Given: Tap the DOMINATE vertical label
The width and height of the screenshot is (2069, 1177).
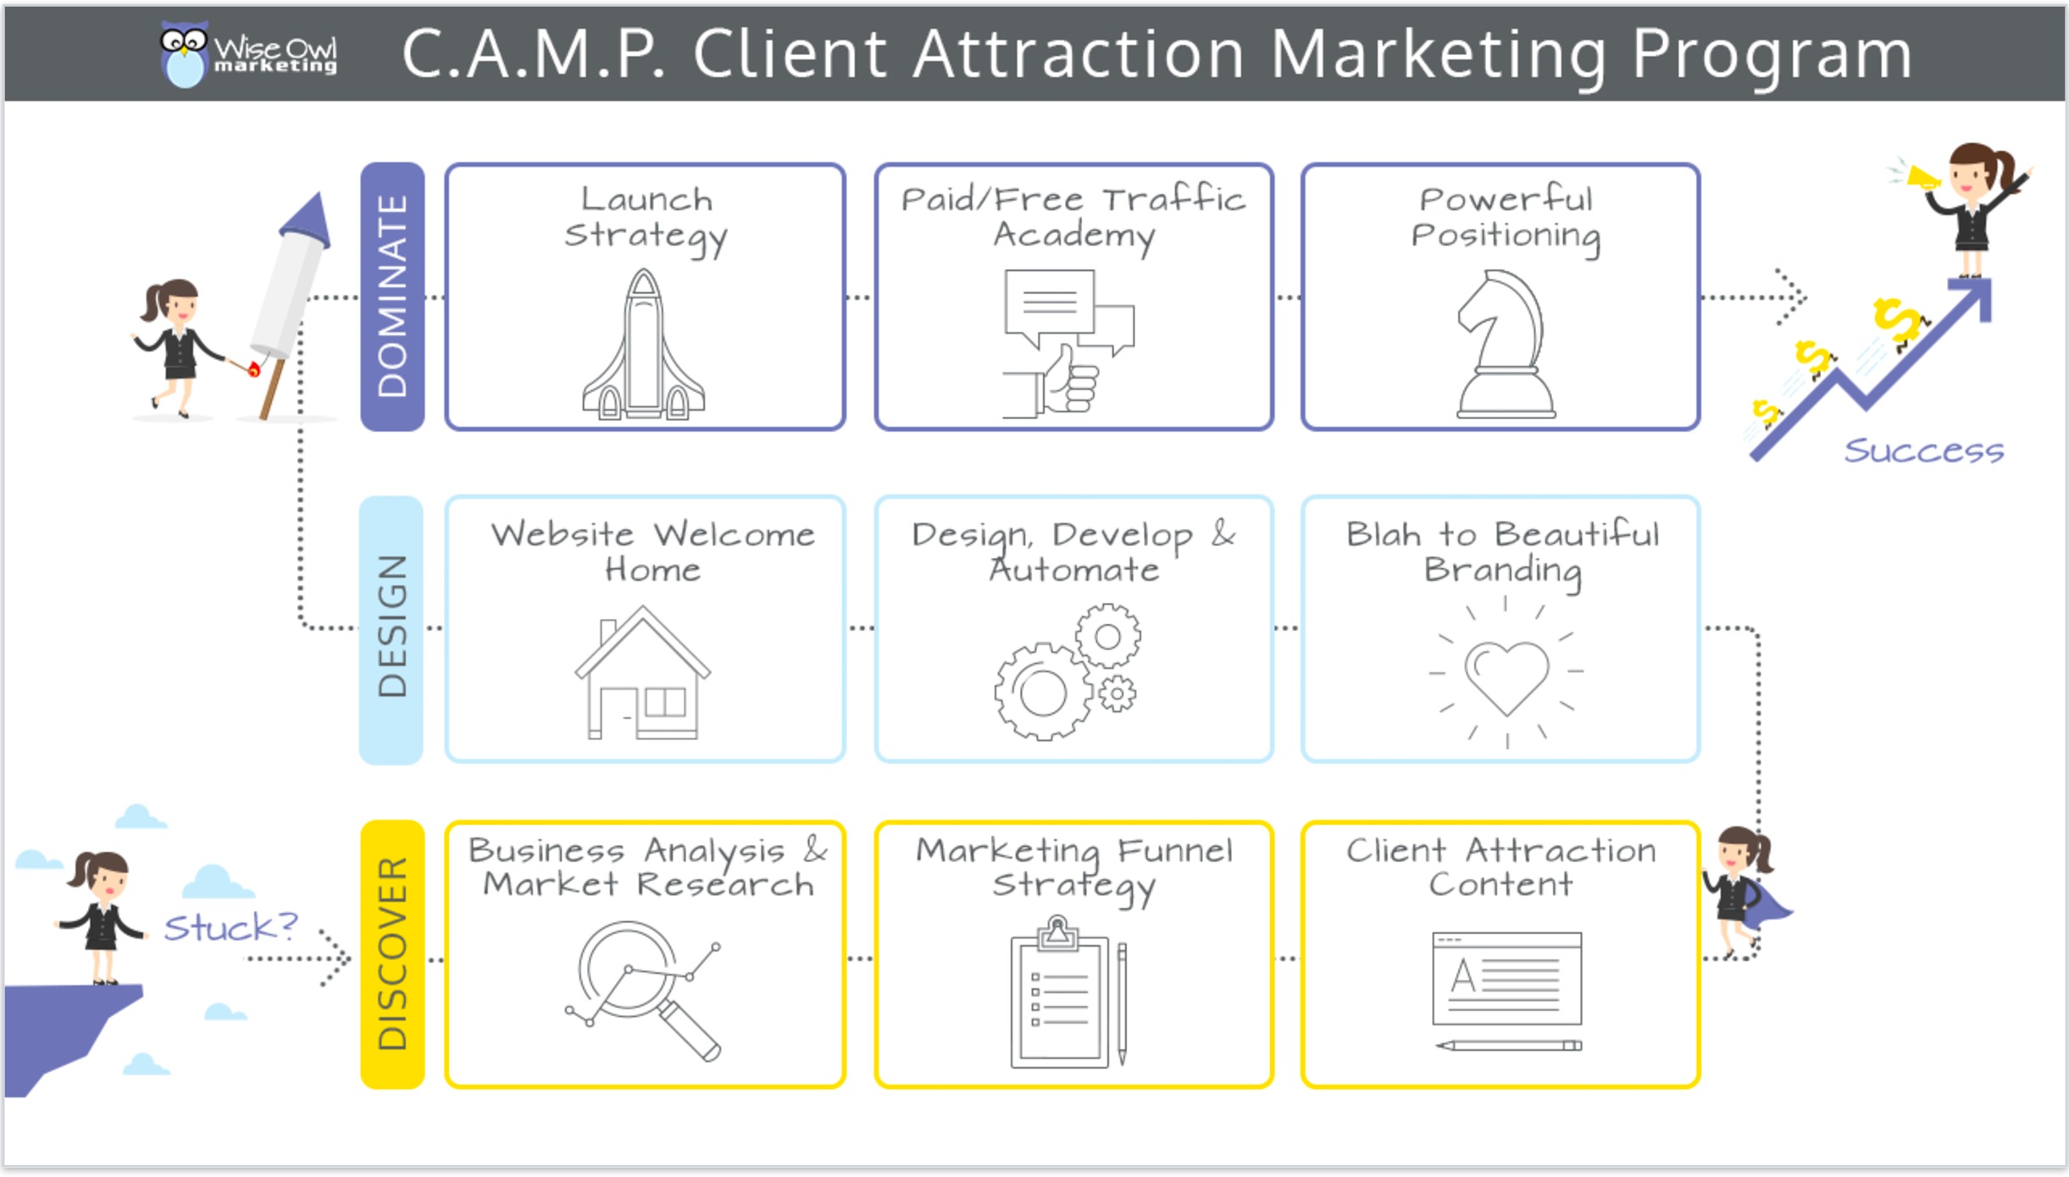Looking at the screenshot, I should pyautogui.click(x=392, y=296).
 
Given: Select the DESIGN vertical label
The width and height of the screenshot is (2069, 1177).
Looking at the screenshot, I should pyautogui.click(x=392, y=628).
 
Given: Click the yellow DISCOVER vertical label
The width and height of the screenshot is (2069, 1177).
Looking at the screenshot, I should pyautogui.click(x=392, y=954).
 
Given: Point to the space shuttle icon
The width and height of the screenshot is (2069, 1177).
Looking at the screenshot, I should pyautogui.click(x=644, y=347).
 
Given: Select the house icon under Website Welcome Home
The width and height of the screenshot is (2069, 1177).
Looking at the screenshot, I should pyautogui.click(x=642, y=673).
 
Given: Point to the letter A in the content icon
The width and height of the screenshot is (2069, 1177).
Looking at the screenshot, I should pyautogui.click(x=1463, y=976).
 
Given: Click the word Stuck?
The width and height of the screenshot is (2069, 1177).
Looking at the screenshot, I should pyautogui.click(x=230, y=927).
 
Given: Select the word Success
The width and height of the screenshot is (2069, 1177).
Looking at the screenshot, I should pyautogui.click(x=1923, y=450).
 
